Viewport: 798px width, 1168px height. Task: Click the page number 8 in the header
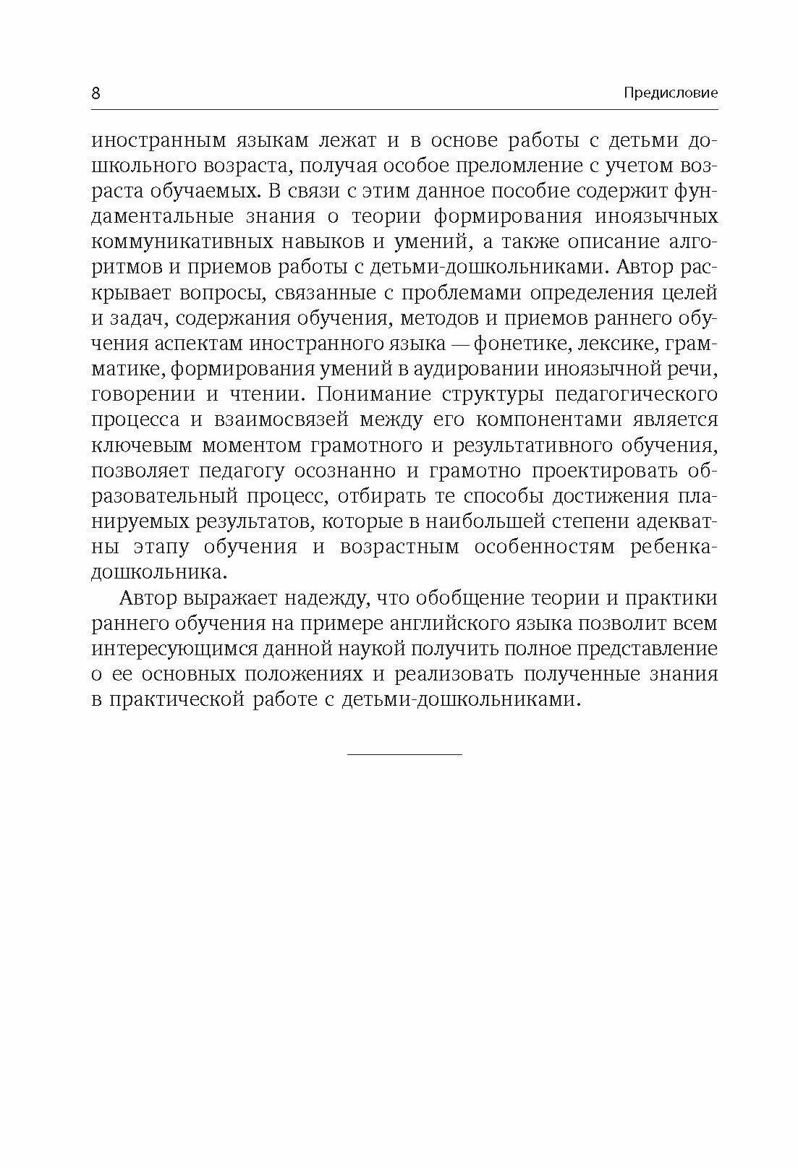point(96,93)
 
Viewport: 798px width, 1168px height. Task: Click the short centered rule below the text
point(404,754)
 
